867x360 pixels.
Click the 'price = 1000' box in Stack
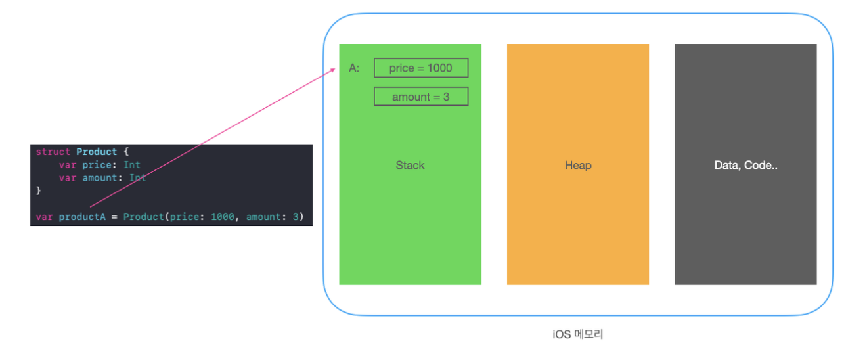(421, 68)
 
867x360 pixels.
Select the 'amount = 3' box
(421, 97)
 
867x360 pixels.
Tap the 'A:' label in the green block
(354, 68)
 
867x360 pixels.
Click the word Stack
(410, 166)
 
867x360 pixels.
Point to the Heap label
(578, 166)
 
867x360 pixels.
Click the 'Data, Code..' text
(746, 166)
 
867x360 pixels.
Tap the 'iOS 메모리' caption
(577, 334)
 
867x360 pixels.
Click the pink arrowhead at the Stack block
(333, 70)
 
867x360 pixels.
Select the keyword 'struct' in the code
(53, 152)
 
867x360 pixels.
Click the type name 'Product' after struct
(97, 152)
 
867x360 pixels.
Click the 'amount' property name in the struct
(99, 178)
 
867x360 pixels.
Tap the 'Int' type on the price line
(132, 165)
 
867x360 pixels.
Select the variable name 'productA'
(82, 217)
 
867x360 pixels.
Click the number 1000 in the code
(223, 217)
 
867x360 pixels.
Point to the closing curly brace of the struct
(38, 191)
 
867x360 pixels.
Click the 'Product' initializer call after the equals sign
(144, 217)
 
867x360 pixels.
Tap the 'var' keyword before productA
(44, 217)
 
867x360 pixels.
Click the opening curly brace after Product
(126, 152)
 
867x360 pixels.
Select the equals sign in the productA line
(114, 217)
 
